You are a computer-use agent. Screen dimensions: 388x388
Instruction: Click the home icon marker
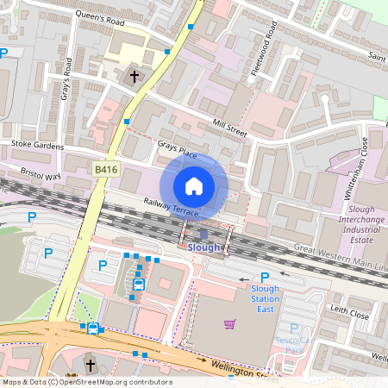194,186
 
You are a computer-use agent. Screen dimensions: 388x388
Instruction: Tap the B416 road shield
106,170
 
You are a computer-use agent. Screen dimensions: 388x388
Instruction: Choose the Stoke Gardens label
37,147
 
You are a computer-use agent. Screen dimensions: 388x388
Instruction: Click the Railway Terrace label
171,205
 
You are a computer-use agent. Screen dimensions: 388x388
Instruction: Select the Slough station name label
204,247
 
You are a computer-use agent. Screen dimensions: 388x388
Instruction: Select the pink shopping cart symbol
229,324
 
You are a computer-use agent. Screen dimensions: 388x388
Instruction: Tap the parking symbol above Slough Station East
265,277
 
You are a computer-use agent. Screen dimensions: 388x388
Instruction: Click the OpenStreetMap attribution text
87,381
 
